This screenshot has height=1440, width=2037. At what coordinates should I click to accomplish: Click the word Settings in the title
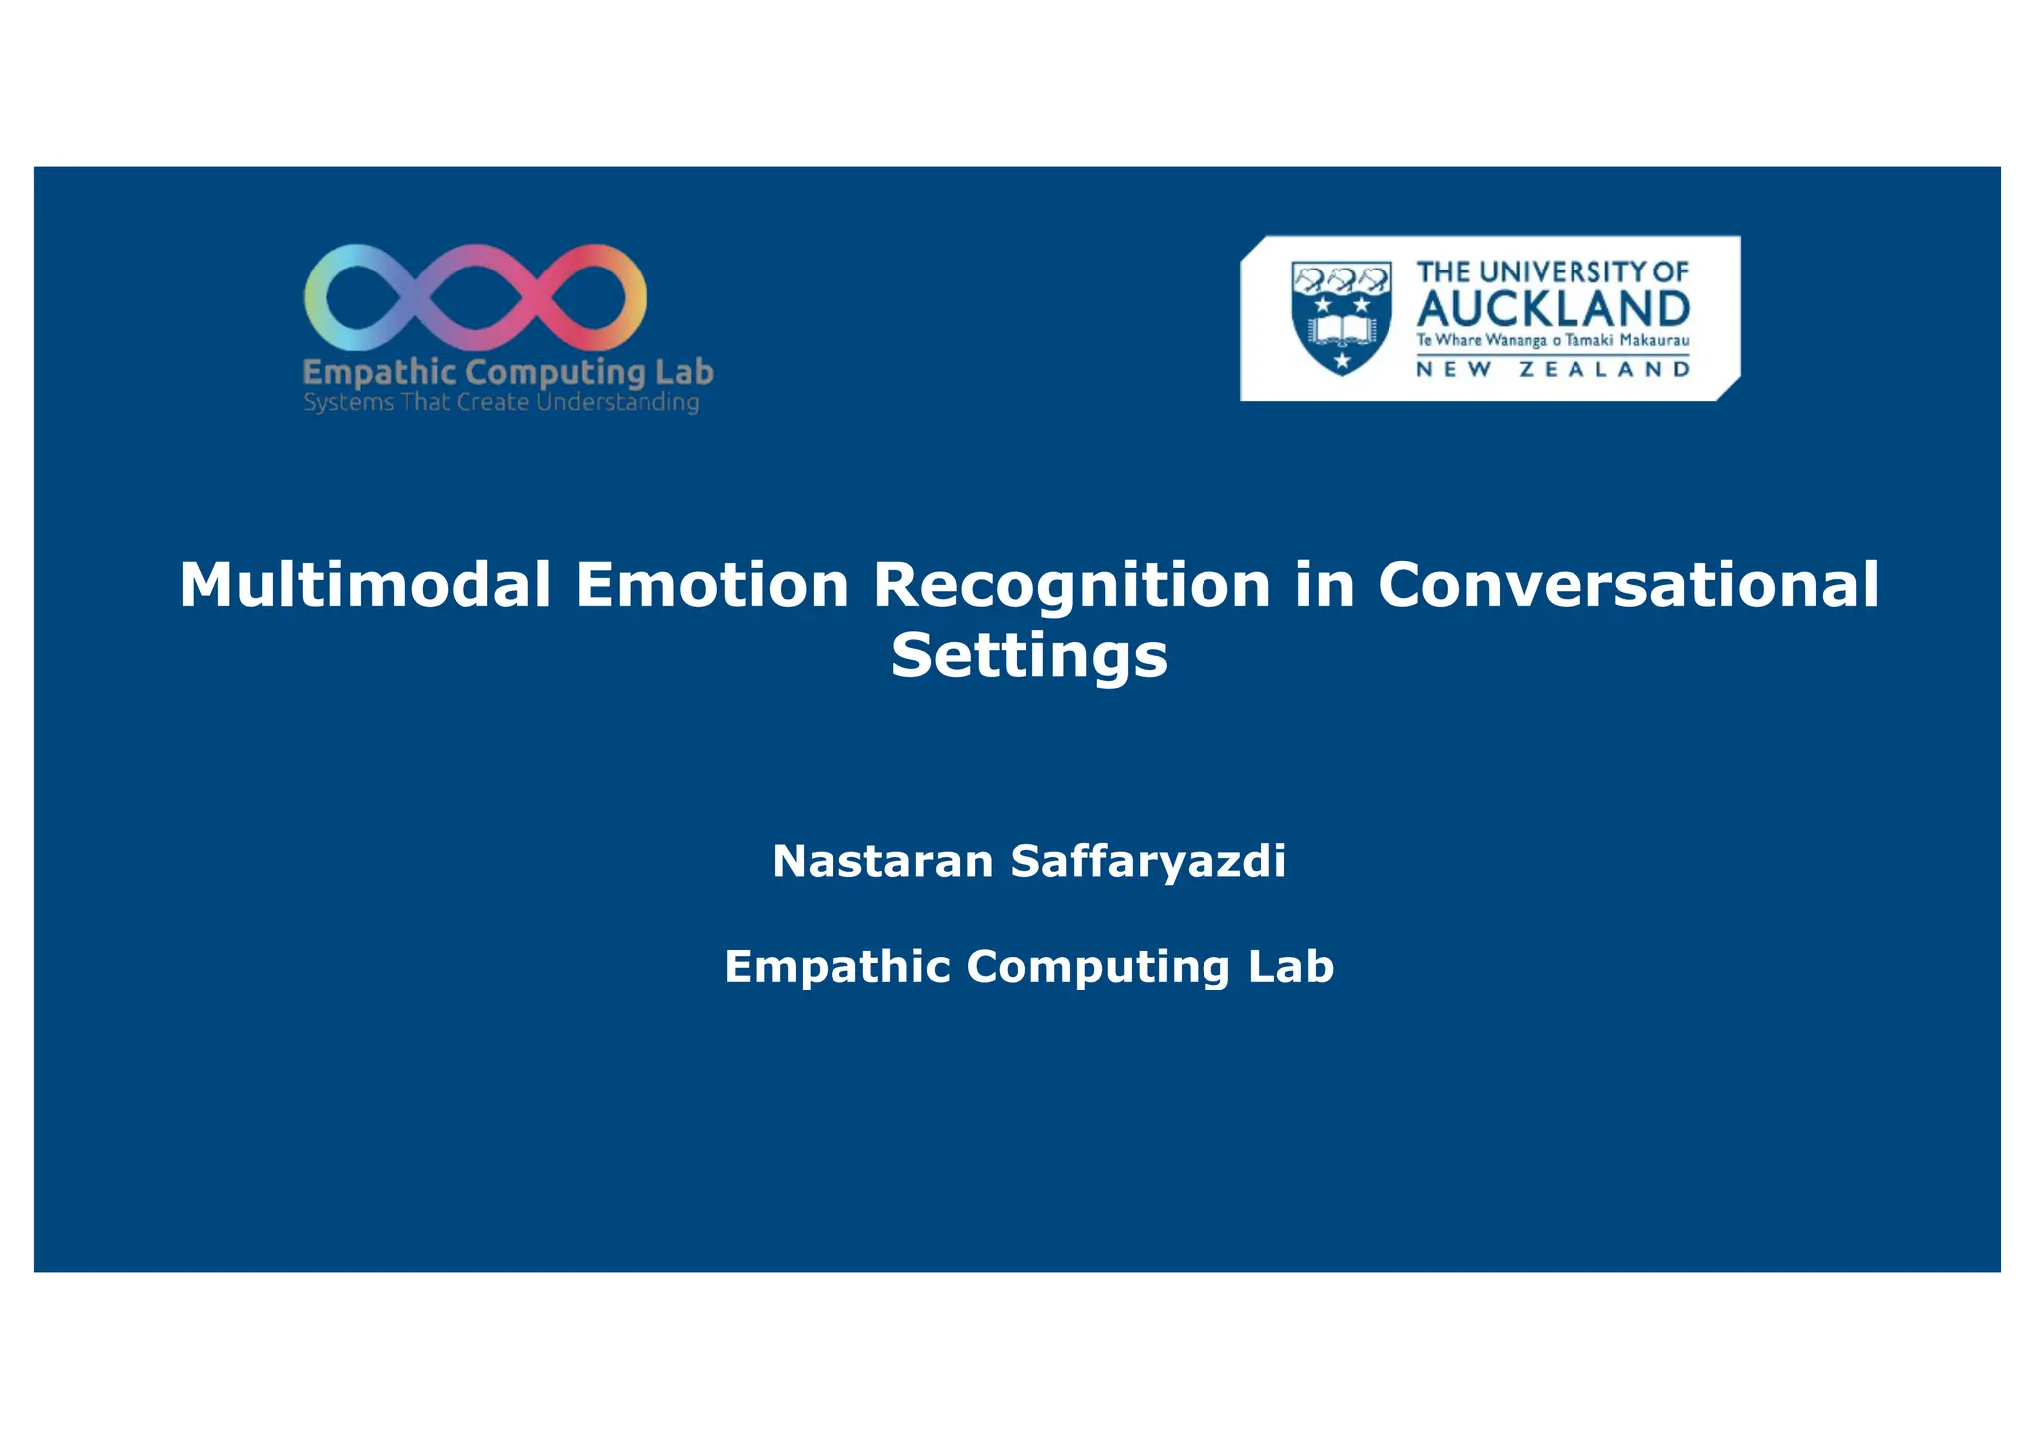point(1028,655)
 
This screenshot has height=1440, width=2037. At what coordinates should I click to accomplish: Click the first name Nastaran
point(882,861)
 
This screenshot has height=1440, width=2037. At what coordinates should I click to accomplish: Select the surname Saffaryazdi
point(1148,861)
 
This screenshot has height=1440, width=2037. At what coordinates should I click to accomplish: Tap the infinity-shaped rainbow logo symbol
point(475,297)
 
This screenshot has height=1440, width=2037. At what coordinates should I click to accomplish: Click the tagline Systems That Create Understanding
point(501,402)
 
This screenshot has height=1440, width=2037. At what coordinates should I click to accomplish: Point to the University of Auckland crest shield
point(1341,317)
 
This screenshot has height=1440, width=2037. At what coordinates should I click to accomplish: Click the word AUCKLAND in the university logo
point(1553,309)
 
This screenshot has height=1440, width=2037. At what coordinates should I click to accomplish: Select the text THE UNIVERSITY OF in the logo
point(1553,271)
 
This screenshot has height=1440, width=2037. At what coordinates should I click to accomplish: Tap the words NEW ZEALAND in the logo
point(1553,370)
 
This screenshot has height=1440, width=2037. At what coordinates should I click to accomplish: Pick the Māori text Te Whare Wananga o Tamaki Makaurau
point(1553,341)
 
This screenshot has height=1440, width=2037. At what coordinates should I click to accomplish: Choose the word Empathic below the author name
point(836,967)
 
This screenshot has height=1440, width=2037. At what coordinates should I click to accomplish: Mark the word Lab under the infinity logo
point(684,372)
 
